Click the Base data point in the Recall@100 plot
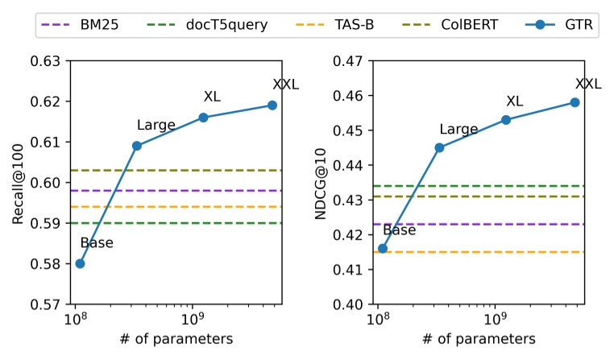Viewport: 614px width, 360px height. tap(80, 263)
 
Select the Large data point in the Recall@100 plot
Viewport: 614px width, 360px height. tap(137, 146)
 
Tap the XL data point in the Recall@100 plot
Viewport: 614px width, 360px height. tap(203, 118)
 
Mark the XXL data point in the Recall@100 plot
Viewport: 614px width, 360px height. tap(272, 105)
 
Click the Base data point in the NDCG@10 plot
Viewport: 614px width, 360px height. tap(383, 249)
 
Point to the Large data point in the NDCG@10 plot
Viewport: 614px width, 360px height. tap(439, 147)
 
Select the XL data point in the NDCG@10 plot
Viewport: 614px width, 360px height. tap(506, 120)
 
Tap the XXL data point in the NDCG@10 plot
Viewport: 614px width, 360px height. tap(575, 102)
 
